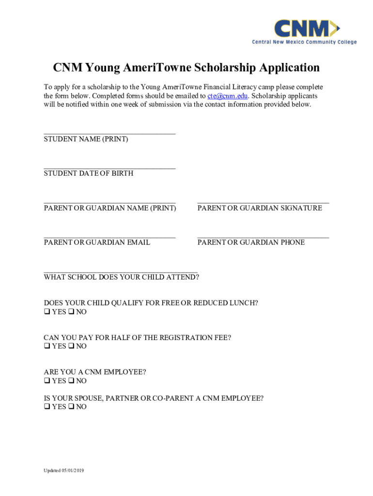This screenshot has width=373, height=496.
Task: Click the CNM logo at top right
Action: point(304,31)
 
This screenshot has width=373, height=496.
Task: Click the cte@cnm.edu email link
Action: point(228,96)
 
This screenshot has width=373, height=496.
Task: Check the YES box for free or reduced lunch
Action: point(47,312)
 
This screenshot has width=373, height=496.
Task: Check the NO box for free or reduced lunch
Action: point(71,312)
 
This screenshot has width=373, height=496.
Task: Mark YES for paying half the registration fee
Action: point(47,346)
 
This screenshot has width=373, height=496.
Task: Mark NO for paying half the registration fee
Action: point(71,346)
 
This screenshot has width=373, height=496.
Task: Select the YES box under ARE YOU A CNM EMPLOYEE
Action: point(47,381)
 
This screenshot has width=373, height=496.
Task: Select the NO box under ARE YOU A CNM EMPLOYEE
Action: point(71,381)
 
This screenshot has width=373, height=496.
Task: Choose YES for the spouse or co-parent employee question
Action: point(47,407)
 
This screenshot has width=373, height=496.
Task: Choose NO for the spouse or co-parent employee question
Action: point(71,407)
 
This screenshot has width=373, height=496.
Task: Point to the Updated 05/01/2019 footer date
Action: point(63,470)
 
